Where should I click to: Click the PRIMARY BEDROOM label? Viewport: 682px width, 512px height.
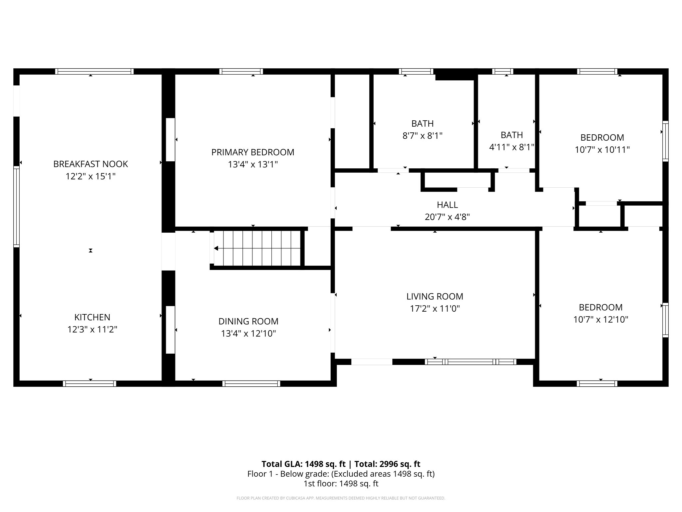point(253,152)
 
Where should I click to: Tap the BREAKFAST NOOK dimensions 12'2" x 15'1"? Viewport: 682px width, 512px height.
point(91,176)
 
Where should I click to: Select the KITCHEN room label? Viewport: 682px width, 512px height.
point(92,317)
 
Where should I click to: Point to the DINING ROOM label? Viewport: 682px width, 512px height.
point(248,321)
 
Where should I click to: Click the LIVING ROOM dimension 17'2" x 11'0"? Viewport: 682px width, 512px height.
point(435,309)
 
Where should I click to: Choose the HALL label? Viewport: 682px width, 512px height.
point(447,205)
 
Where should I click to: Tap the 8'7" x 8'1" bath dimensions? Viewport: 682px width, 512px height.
point(422,136)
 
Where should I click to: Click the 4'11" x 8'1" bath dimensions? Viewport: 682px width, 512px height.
point(511,147)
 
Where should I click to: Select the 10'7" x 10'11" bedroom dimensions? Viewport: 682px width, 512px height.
point(602,150)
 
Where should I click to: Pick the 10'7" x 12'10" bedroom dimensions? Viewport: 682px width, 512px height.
point(600,320)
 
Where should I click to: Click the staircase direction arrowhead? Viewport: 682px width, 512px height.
point(216,248)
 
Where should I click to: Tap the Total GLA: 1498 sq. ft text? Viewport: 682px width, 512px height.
point(303,464)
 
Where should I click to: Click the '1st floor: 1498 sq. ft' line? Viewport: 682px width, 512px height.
point(341,484)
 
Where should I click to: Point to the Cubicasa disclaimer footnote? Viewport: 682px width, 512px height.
point(341,498)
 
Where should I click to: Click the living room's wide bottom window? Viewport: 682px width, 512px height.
point(471,362)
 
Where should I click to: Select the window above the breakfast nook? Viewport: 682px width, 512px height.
point(94,71)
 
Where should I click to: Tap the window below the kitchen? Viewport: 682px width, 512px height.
point(90,384)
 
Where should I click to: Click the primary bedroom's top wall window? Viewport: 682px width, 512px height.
point(241,71)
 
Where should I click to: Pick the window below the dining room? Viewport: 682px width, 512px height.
point(251,384)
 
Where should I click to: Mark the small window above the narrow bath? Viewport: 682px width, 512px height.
point(503,71)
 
